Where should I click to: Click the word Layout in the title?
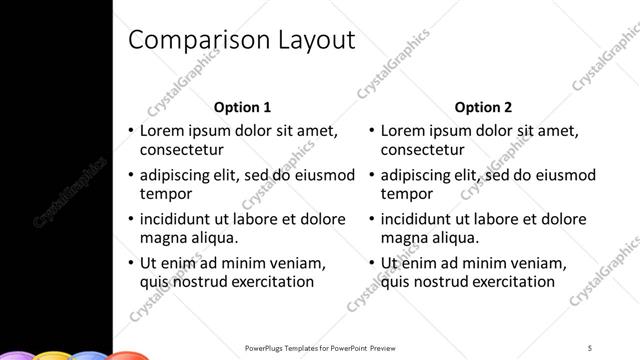point(317,40)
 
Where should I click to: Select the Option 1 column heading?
point(243,107)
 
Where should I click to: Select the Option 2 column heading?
point(483,107)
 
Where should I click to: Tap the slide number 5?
point(591,347)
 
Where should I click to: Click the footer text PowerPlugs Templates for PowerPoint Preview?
point(319,347)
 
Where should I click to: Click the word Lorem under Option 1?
point(162,131)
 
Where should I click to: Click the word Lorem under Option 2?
point(403,131)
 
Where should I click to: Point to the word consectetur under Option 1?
point(180,150)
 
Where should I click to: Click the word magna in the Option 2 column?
point(404,238)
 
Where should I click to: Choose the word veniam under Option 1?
point(299,263)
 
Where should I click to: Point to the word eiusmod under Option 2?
point(566,175)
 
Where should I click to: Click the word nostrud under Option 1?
point(202,282)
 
